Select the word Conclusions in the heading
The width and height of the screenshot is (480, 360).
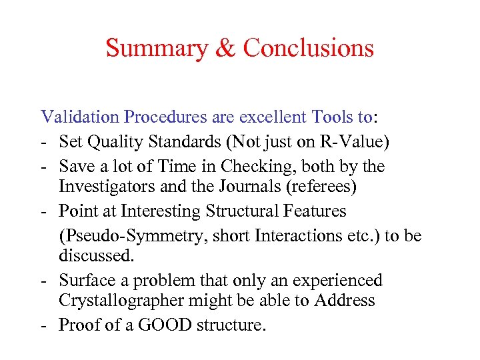[308, 49]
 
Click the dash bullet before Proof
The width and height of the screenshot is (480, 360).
[44, 325]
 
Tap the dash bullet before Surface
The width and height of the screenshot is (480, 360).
[44, 280]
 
